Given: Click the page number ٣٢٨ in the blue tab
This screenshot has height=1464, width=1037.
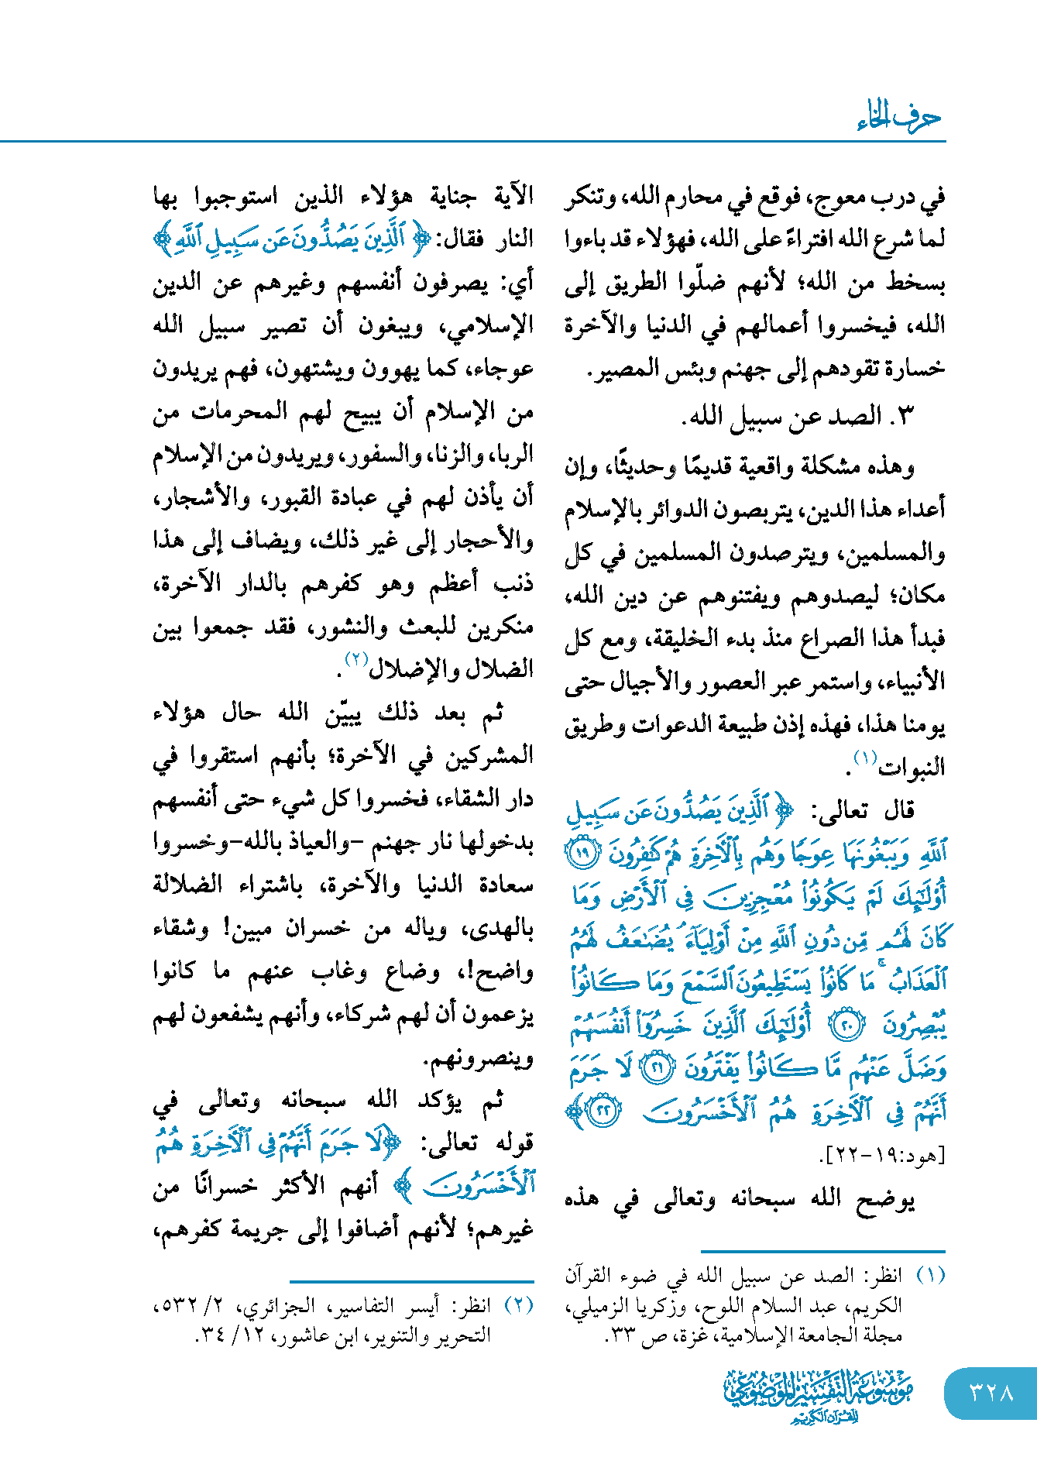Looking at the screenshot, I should coord(991,1393).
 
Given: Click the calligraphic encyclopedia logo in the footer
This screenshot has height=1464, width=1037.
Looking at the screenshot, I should coord(818,1394).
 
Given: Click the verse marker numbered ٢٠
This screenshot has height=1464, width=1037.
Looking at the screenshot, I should coord(846,1026).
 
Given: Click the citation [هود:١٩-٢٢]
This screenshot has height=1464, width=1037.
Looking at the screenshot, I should coord(883,1156).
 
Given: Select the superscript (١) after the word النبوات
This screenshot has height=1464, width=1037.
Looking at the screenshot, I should coord(864,757).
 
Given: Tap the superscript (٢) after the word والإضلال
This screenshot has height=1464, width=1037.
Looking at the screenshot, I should coord(355,659).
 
